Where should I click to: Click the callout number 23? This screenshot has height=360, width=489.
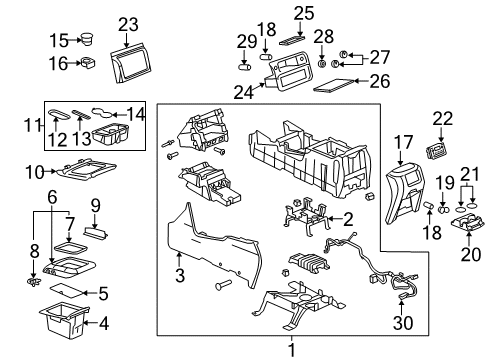127,25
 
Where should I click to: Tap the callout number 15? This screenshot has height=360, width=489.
59,41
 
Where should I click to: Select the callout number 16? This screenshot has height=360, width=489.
59,63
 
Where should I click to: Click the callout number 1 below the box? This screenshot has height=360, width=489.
292,350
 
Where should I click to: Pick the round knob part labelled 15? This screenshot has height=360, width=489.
87,41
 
